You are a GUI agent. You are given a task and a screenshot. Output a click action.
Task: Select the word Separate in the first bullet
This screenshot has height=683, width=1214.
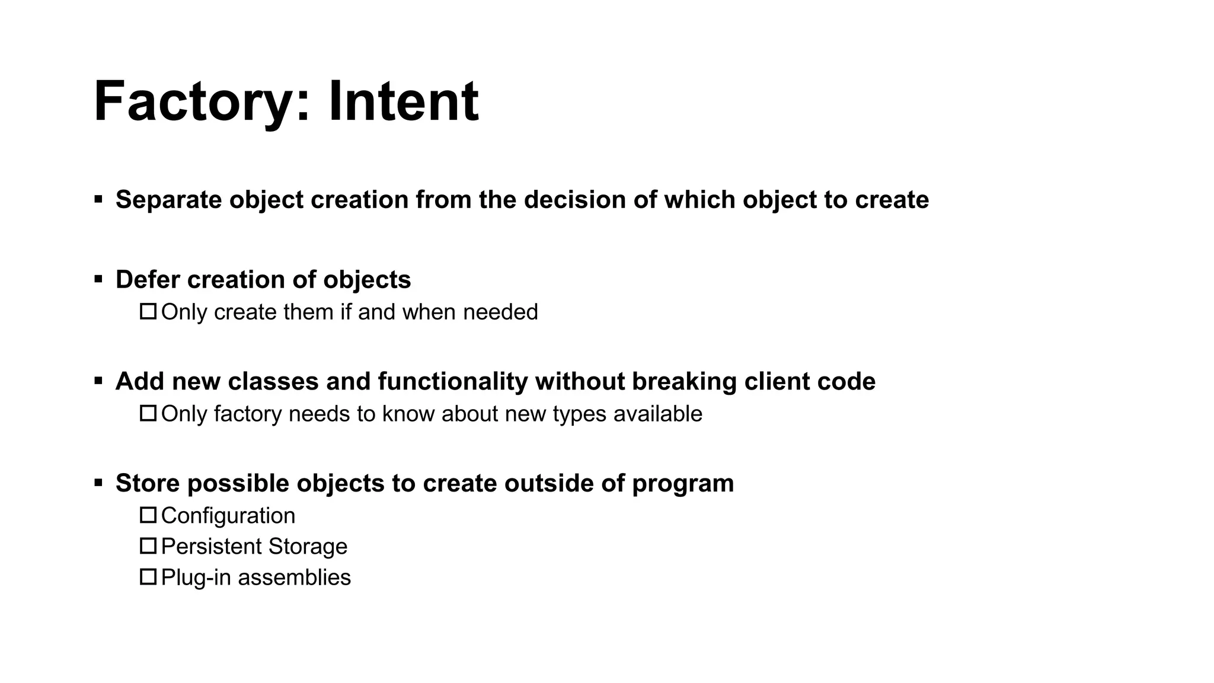tap(168, 200)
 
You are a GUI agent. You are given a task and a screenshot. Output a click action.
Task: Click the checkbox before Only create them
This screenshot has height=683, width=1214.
tap(148, 311)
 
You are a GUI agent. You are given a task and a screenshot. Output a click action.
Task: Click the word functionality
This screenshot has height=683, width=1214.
tap(452, 381)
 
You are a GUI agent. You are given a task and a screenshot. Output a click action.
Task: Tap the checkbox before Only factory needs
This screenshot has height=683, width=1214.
tap(148, 413)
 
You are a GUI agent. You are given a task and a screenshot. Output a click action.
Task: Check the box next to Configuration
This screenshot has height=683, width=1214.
tap(148, 515)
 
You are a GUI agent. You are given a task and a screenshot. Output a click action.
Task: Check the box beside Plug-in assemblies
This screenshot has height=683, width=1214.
tap(148, 577)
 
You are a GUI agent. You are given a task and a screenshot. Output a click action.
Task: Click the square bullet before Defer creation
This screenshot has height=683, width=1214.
tap(98, 279)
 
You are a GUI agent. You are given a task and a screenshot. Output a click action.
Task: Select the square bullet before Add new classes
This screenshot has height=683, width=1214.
tap(98, 381)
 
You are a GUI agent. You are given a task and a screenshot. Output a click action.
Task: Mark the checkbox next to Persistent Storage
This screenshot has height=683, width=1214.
tap(148, 546)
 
